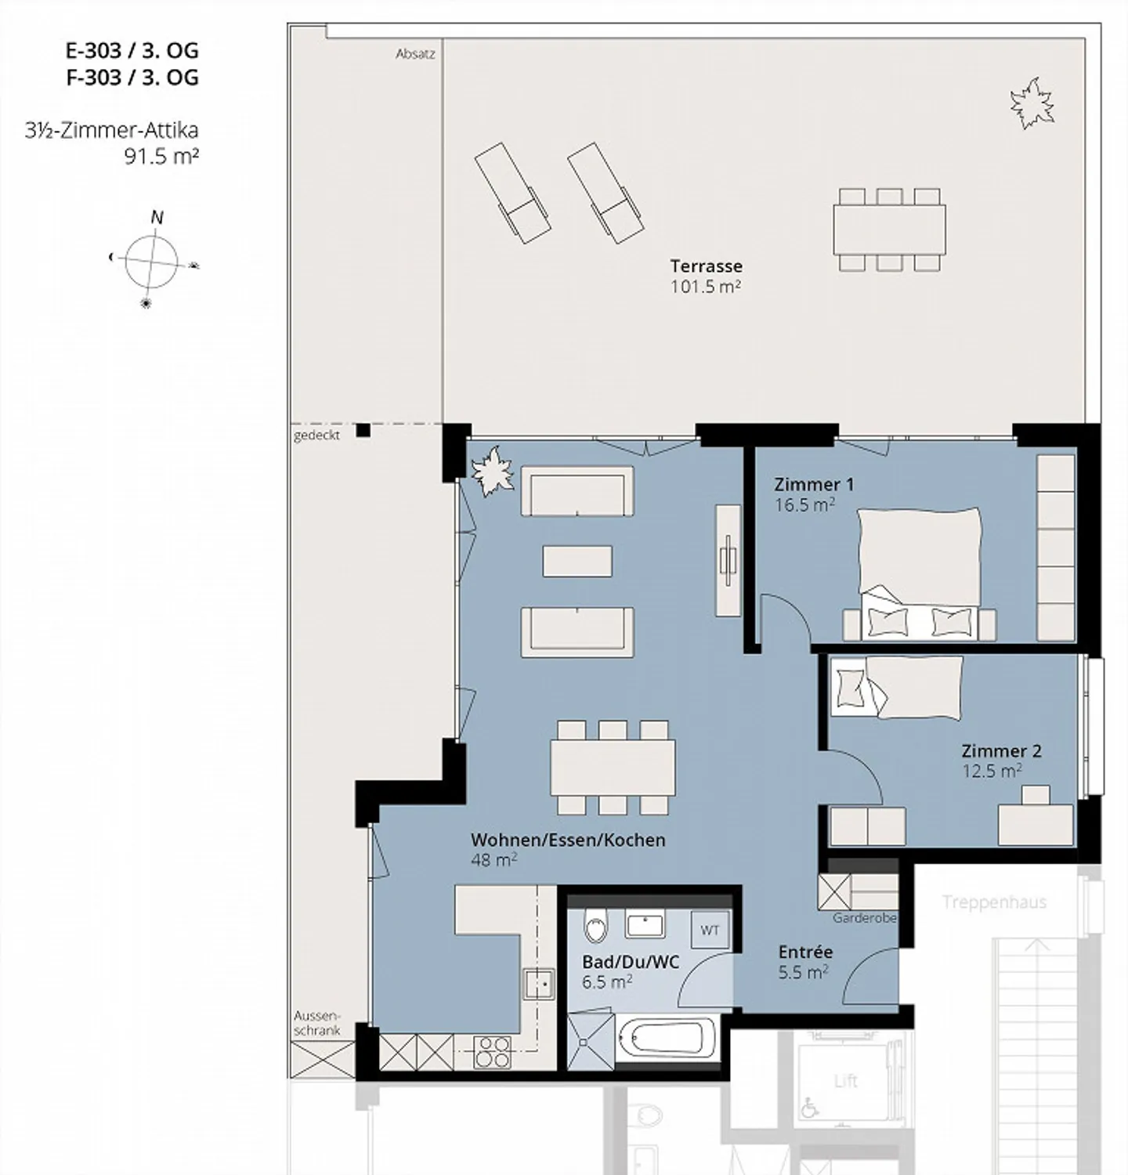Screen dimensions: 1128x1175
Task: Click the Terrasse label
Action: pyautogui.click(x=706, y=266)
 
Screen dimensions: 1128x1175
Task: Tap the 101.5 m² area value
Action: pyautogui.click(x=705, y=286)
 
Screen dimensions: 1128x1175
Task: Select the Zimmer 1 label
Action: pyautogui.click(x=814, y=484)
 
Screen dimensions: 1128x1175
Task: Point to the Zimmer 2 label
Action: pyautogui.click(x=1002, y=750)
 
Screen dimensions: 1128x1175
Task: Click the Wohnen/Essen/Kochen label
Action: pyautogui.click(x=568, y=840)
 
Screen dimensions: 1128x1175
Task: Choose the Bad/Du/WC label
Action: pyautogui.click(x=631, y=962)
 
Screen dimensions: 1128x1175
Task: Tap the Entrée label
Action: pyautogui.click(x=805, y=952)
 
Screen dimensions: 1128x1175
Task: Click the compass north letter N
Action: pyautogui.click(x=157, y=217)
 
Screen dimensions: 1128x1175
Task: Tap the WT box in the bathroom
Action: pyautogui.click(x=710, y=930)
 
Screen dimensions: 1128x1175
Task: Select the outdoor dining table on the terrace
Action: pyautogui.click(x=889, y=230)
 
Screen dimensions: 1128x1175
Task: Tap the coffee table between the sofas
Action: pyautogui.click(x=577, y=561)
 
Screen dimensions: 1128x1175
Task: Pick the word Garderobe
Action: pyautogui.click(x=864, y=917)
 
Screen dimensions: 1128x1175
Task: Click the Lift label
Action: pyautogui.click(x=846, y=1081)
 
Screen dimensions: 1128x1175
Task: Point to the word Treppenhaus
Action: pyautogui.click(x=994, y=902)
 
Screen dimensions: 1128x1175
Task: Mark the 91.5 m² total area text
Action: pyautogui.click(x=161, y=156)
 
